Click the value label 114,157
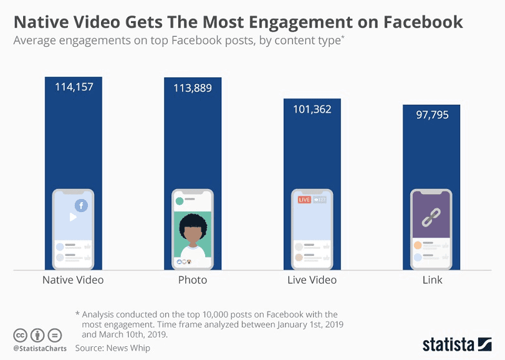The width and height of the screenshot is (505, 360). pyautogui.click(x=74, y=87)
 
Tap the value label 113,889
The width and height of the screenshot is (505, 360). pyautogui.click(x=193, y=88)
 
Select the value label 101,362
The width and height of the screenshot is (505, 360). pyautogui.click(x=312, y=109)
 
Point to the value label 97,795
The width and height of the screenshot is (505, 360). pyautogui.click(x=432, y=115)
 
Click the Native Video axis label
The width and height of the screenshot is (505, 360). pyautogui.click(x=73, y=280)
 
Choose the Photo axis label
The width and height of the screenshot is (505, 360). pyautogui.click(x=193, y=280)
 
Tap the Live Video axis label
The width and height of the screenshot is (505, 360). pyautogui.click(x=312, y=280)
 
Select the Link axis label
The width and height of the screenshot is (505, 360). pyautogui.click(x=432, y=280)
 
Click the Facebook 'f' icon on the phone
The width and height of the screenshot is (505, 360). pyautogui.click(x=81, y=205)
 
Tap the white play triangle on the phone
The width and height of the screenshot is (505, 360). pyautogui.click(x=73, y=218)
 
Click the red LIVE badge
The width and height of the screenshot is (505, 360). pyautogui.click(x=304, y=200)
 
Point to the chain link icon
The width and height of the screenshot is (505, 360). pyautogui.click(x=432, y=216)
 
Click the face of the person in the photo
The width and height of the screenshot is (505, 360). pyautogui.click(x=193, y=235)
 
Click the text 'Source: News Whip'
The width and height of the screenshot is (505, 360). pyautogui.click(x=113, y=348)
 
